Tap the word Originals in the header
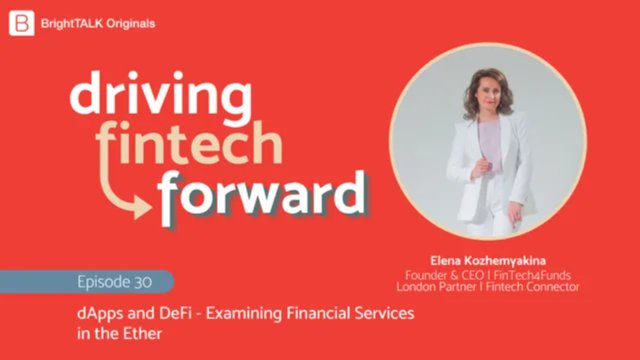click(130, 22)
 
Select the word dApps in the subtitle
click(100, 315)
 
